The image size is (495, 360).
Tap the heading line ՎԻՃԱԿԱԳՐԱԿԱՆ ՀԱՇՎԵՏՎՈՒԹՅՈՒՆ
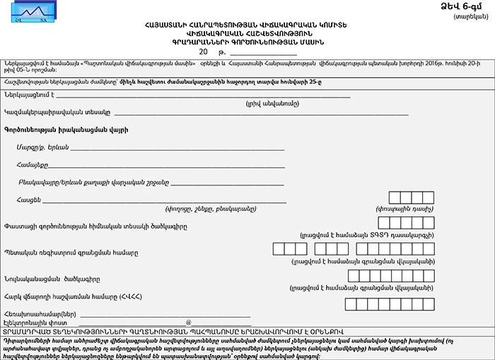(x=248, y=33)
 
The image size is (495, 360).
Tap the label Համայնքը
(x=33, y=165)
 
